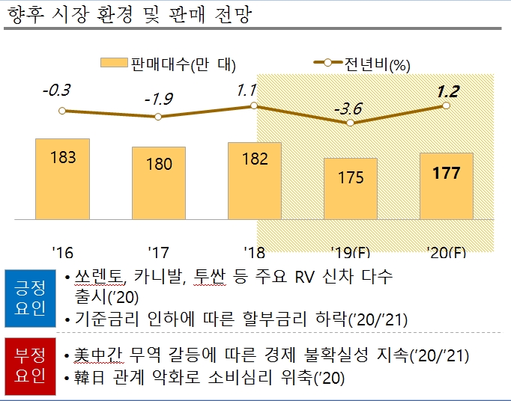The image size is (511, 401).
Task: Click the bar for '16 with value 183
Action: point(63,179)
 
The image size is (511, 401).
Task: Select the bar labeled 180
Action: point(159,183)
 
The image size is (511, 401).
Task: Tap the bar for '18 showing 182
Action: point(255,180)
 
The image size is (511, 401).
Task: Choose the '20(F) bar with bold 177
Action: point(447,186)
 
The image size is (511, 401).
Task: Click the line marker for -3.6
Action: point(351,123)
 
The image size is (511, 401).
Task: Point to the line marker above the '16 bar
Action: point(63,111)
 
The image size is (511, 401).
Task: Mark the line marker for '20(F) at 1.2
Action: point(447,105)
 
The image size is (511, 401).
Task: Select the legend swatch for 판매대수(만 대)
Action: point(113,64)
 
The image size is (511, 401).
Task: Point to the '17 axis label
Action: point(159,251)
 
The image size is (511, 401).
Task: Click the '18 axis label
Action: point(255,251)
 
